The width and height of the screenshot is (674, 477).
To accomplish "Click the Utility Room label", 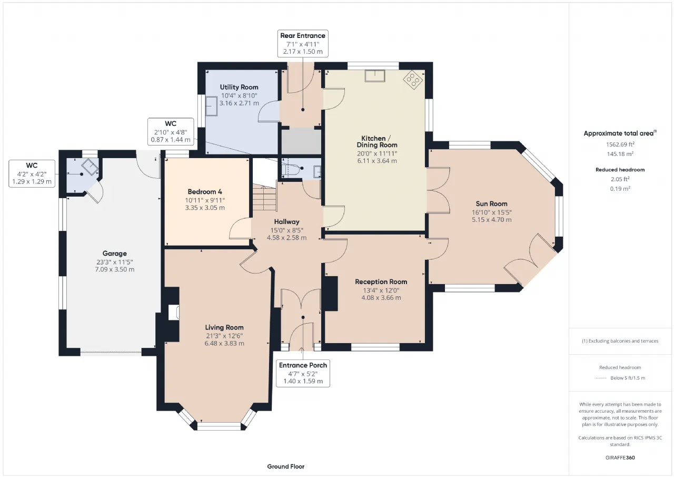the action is pyautogui.click(x=239, y=87).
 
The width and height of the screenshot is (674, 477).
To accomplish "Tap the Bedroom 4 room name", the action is pyautogui.click(x=205, y=192).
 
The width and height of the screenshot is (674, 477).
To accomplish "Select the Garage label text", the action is pyautogui.click(x=115, y=254).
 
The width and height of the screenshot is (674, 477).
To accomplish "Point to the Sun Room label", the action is pyautogui.click(x=491, y=204).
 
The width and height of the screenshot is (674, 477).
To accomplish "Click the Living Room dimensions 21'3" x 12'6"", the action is pyautogui.click(x=224, y=336).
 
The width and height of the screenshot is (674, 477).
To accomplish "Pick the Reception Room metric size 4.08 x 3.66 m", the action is pyautogui.click(x=381, y=297).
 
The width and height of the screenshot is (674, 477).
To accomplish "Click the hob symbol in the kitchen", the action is pyautogui.click(x=413, y=80).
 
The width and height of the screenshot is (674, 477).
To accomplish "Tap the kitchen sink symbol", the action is pyautogui.click(x=375, y=76).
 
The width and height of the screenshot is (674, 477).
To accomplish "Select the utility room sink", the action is pyautogui.click(x=212, y=106).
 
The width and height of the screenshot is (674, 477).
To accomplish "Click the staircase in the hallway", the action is pyautogui.click(x=264, y=198).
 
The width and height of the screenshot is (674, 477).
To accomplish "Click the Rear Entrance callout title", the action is pyautogui.click(x=303, y=35).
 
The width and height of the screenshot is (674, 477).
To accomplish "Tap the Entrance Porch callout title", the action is pyautogui.click(x=303, y=365).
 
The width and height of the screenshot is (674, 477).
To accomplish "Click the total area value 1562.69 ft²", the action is pyautogui.click(x=620, y=144).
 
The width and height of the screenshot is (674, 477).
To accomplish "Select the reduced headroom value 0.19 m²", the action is pyautogui.click(x=620, y=189).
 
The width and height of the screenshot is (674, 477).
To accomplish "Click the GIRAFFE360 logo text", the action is pyautogui.click(x=620, y=457).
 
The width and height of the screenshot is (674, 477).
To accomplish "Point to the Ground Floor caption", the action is pyautogui.click(x=286, y=466).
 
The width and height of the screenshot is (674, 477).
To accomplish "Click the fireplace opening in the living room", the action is pyautogui.click(x=174, y=313).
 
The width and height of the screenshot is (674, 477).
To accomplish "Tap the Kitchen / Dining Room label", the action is pyautogui.click(x=377, y=142).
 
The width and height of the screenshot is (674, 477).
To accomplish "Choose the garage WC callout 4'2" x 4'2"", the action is pyautogui.click(x=32, y=174).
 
